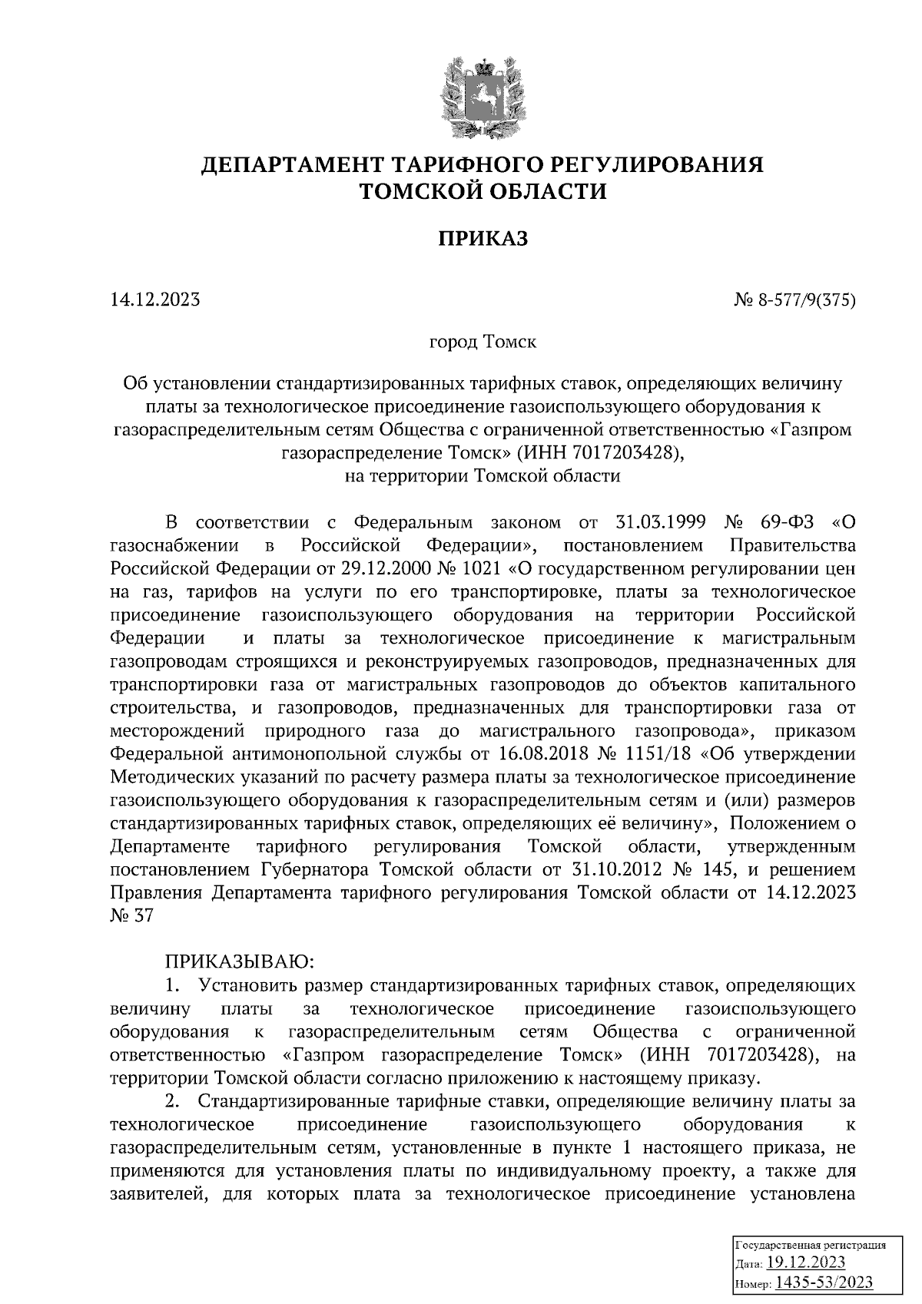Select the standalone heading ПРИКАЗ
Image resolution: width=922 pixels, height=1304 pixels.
point(483,239)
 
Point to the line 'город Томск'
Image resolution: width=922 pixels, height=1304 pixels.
point(483,341)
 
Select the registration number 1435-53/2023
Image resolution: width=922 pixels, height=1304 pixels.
point(824,1282)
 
